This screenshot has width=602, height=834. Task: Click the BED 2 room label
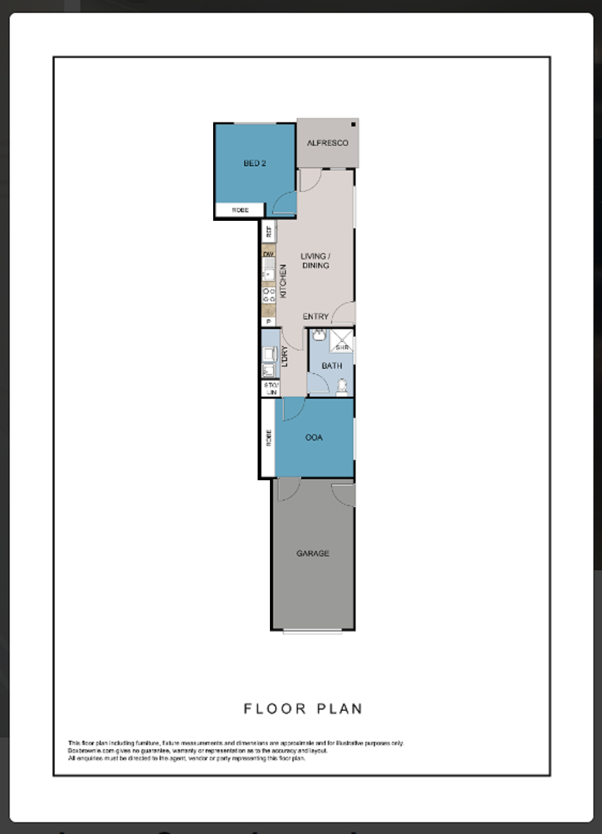pos(254,163)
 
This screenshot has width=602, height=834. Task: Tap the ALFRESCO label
pos(327,143)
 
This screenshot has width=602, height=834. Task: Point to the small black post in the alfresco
pos(353,125)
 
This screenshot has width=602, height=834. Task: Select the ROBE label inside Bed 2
pos(240,210)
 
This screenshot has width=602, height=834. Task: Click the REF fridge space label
pos(268,232)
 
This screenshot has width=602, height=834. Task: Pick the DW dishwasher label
pos(268,254)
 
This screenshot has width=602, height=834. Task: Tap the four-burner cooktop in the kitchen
pos(268,294)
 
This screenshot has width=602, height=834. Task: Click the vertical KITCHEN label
pos(283,281)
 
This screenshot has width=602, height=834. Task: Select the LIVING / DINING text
pos(315,260)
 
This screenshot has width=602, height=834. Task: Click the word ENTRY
pos(315,317)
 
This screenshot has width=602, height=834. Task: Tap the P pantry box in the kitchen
pos(268,322)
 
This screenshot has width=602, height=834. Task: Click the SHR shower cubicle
pos(341,341)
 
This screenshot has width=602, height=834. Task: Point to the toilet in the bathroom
pos(342,386)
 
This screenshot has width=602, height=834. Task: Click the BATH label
pos(332,366)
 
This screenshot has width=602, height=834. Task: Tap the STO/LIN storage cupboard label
pos(271,389)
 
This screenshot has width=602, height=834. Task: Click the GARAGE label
pos(313,553)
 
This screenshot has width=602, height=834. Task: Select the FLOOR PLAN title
pos(303,709)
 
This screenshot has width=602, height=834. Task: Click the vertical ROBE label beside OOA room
pos(268,437)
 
